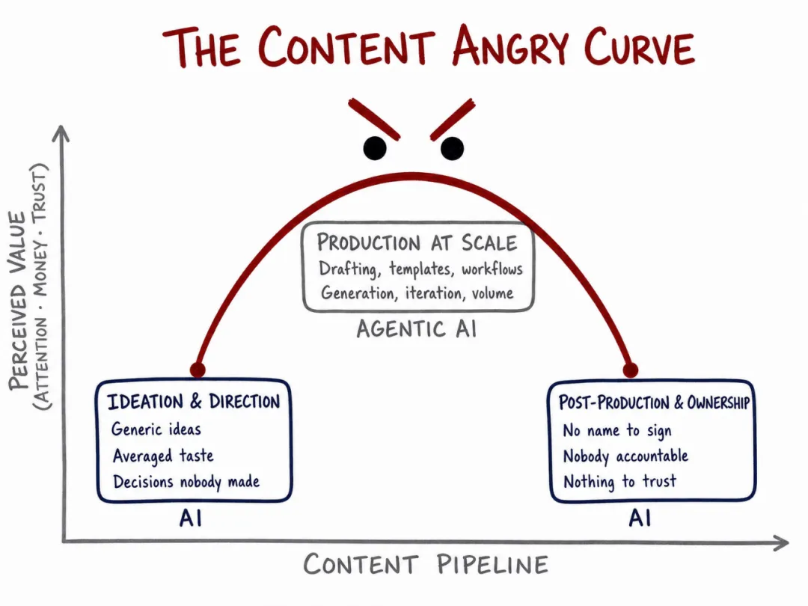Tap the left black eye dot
pos(375,148)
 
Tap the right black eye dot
pos(452,148)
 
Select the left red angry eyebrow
pos(374,120)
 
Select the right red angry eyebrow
pos(453,120)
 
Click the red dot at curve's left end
pos(198,370)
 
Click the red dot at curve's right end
pos(631,370)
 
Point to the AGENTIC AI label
pos(417,329)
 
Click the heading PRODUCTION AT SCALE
pos(417,242)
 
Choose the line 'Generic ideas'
pos(156,429)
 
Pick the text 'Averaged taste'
pos(163,456)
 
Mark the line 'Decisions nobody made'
pos(186,482)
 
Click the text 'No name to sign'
pos(616,430)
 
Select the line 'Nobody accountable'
pos(625,456)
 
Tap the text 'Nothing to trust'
pos(619,482)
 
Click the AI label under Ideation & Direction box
pos(191,518)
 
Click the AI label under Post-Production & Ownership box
pos(640,518)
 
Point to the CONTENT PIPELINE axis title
pos(426,564)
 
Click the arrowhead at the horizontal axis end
pos(781,542)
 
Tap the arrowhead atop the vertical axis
pos(61,133)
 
